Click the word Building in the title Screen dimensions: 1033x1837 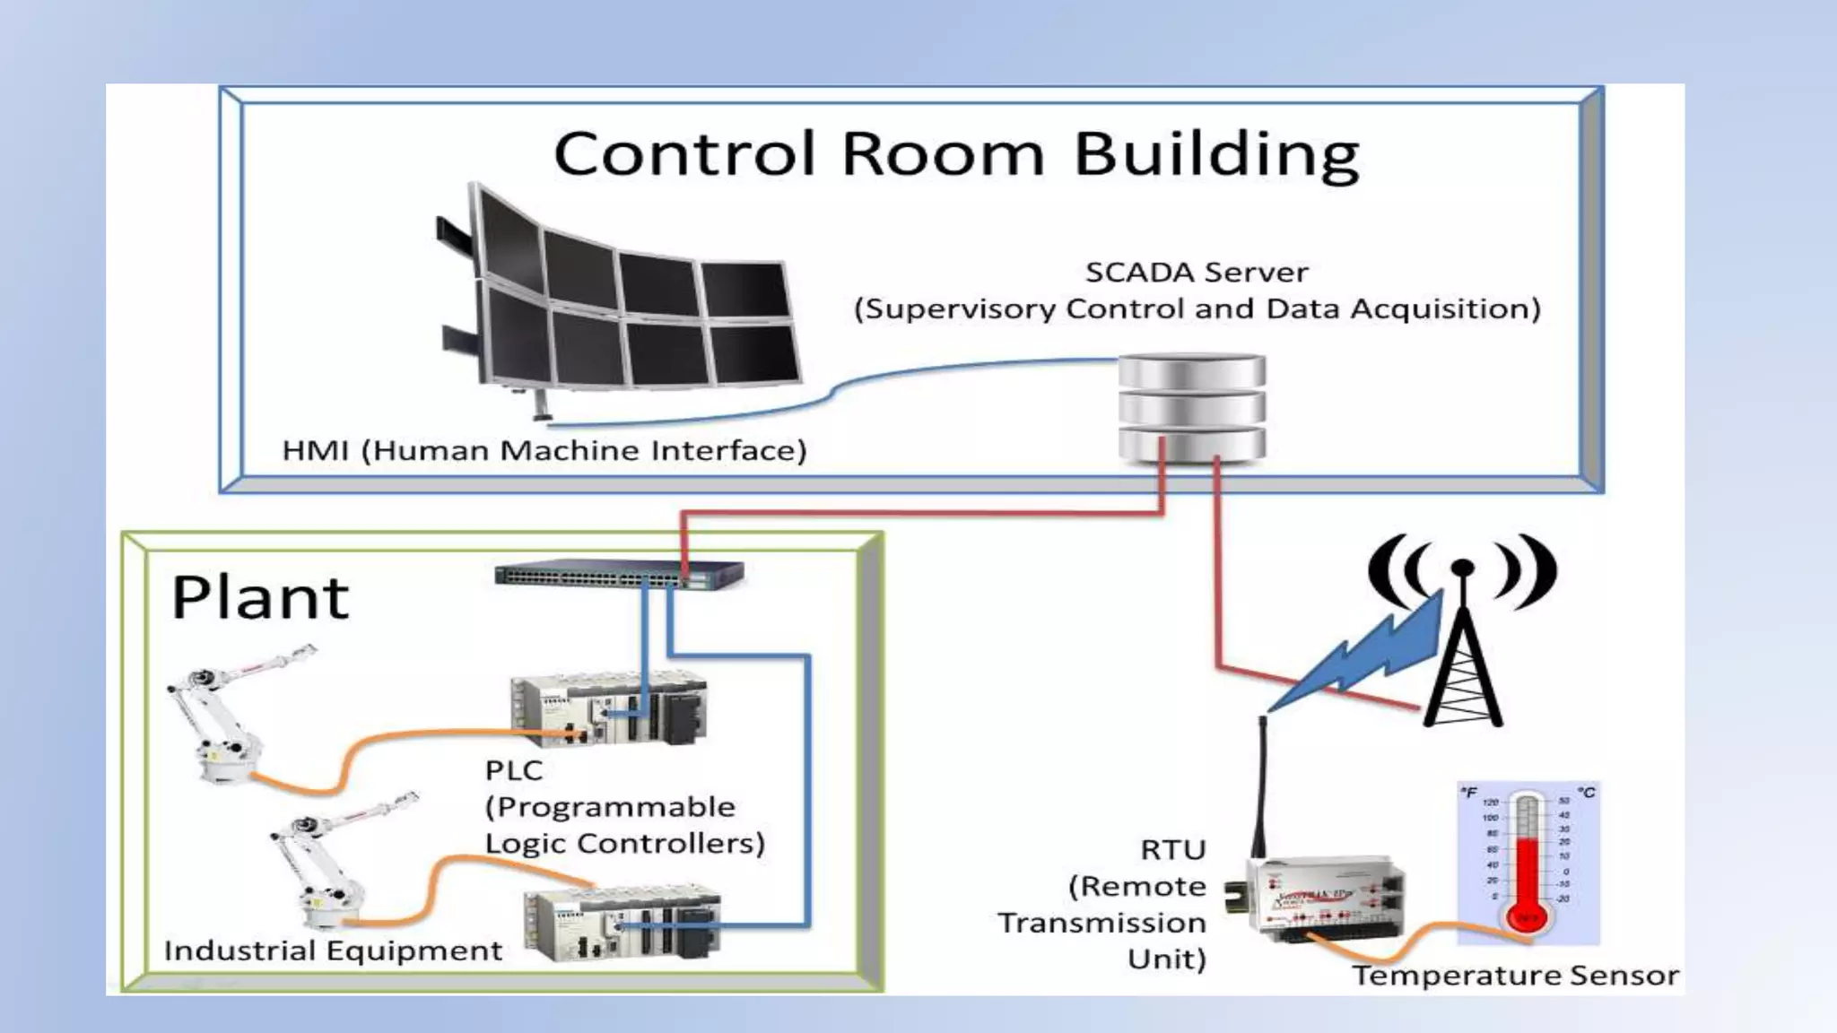(1216, 154)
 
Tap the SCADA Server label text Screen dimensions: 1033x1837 (1197, 272)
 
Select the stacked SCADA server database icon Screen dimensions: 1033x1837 (1192, 408)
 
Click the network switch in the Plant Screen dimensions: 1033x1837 (619, 574)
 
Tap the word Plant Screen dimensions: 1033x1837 (260, 598)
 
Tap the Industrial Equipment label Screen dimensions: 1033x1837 (333, 951)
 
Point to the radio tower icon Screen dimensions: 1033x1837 (1463, 646)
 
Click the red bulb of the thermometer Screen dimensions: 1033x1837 (1527, 916)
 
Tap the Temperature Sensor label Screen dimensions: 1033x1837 (1515, 976)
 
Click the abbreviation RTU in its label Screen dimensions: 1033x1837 (1173, 850)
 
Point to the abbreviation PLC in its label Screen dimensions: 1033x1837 (514, 770)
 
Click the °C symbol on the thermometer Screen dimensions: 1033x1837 (1586, 793)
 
